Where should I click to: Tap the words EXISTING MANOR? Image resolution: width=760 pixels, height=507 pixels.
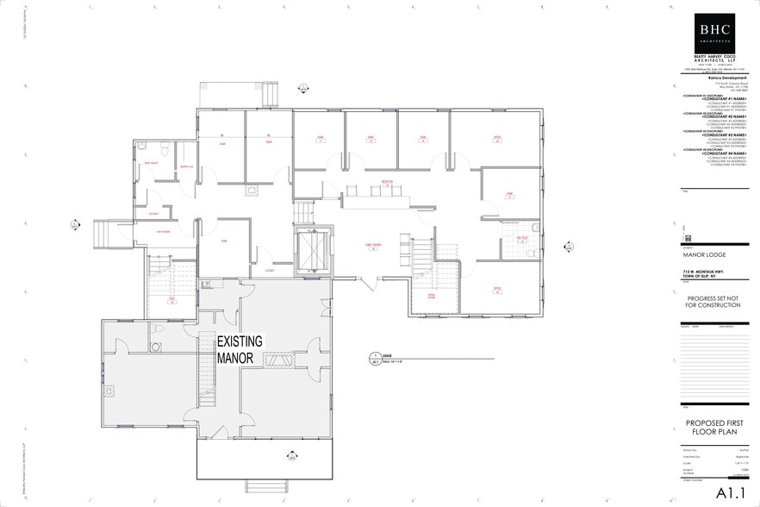pos(239,348)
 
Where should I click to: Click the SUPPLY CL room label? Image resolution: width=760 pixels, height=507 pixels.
pos(184,166)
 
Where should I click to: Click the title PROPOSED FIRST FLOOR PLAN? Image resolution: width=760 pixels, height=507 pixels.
pos(713,428)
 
